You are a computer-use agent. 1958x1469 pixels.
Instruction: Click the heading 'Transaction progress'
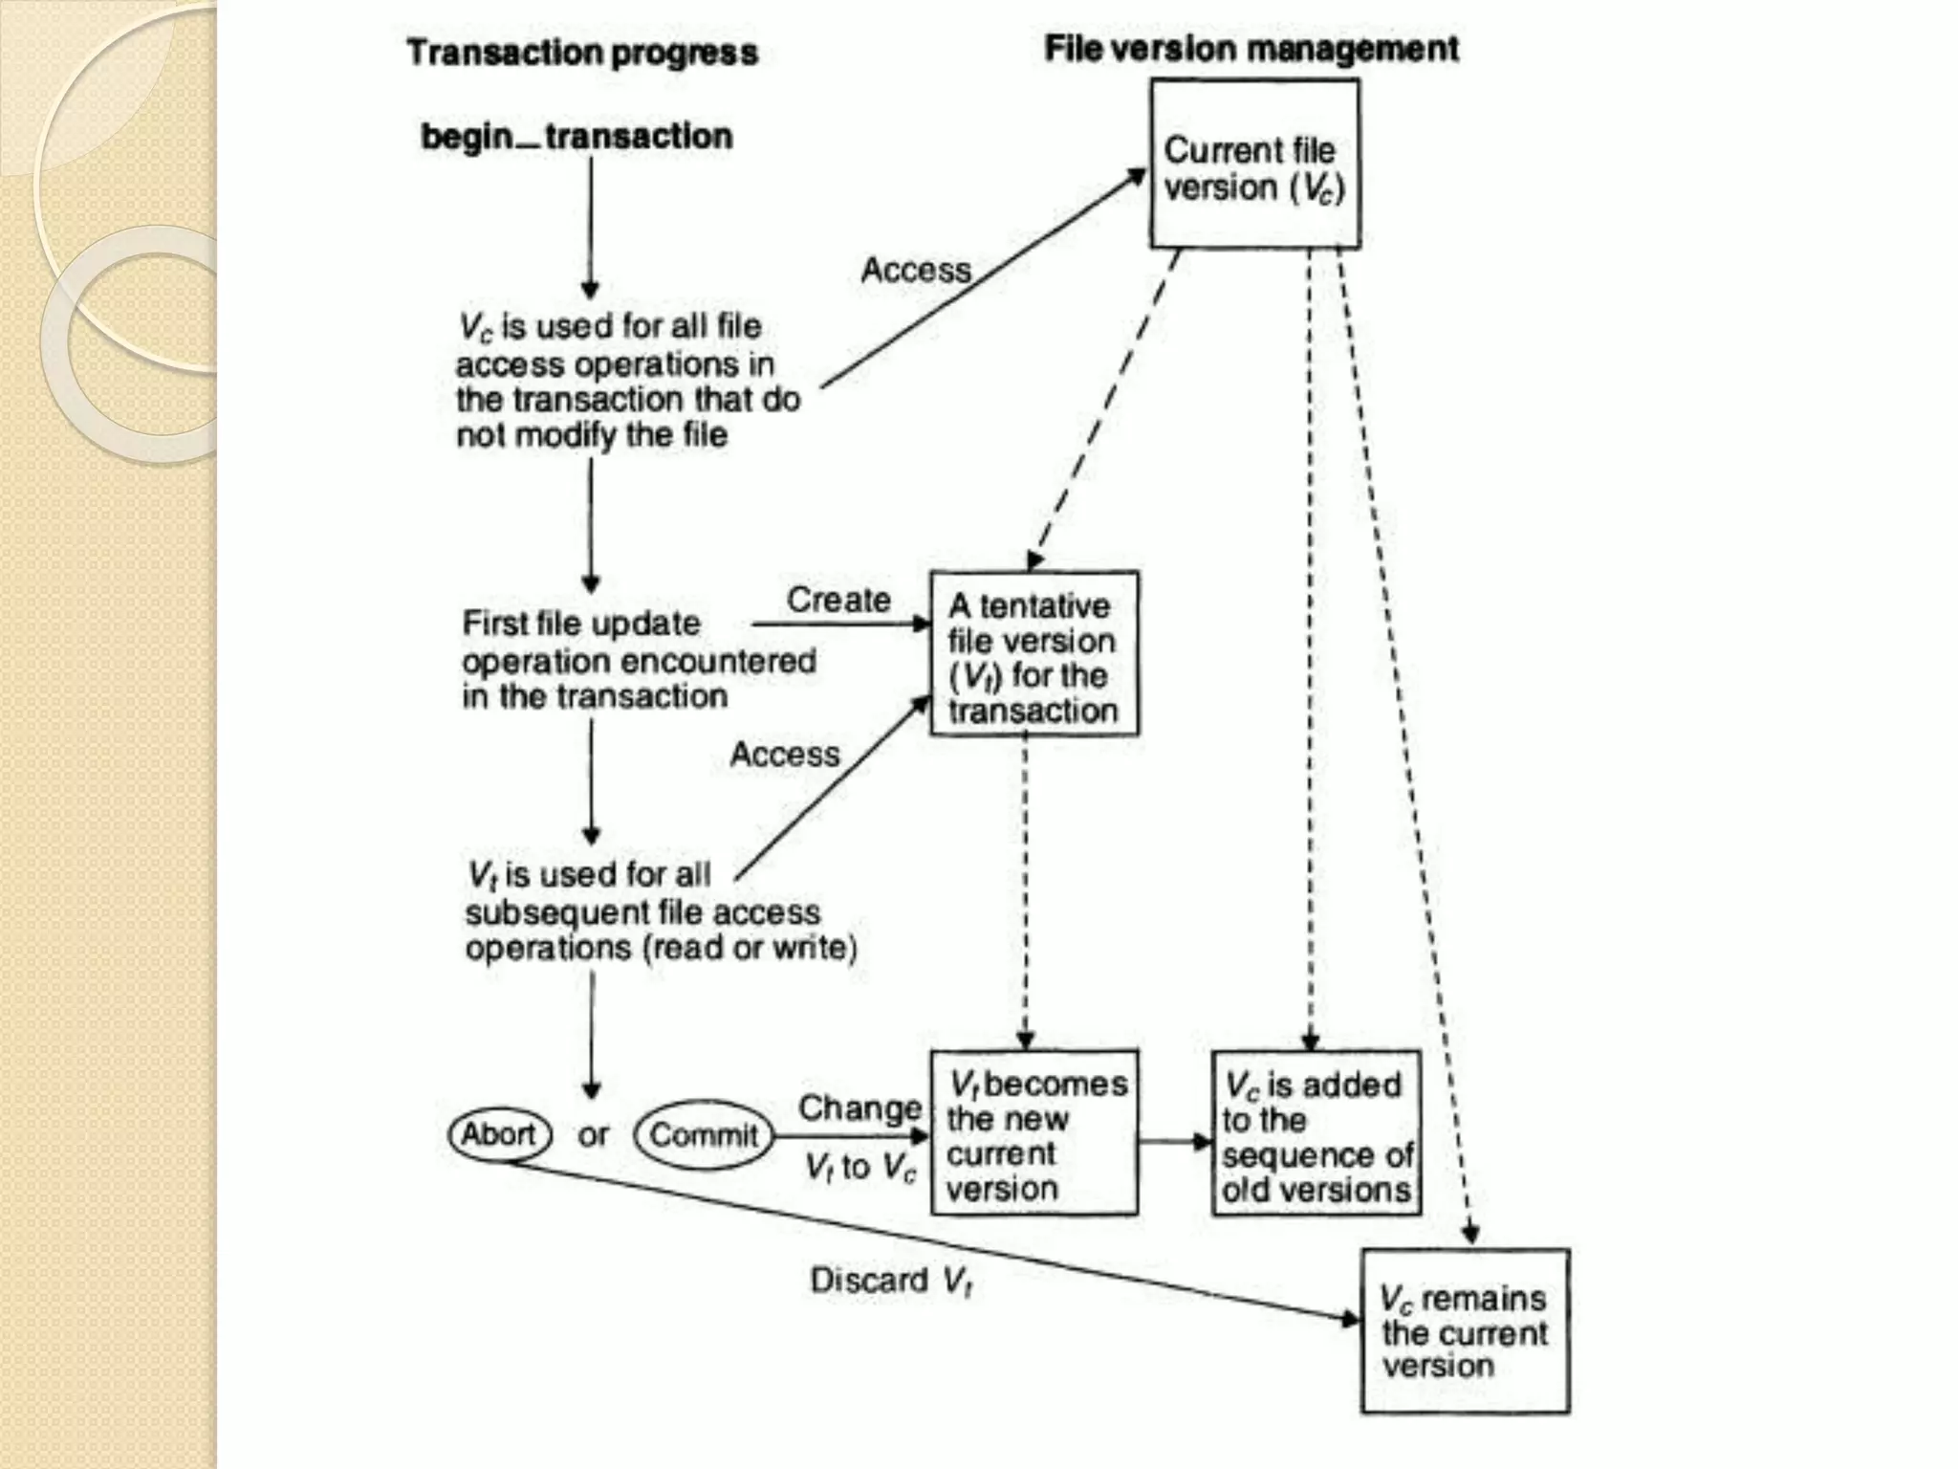582,53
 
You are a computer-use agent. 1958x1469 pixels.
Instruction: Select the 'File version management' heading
1251,49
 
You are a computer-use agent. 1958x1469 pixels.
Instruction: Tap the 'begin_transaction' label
577,137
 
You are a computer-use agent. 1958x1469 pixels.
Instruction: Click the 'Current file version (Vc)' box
1254,164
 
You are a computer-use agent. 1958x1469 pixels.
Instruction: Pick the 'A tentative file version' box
1033,654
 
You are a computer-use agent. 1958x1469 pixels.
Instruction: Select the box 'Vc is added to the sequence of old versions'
1316,1134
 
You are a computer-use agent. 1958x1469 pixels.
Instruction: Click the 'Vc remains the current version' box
1465,1330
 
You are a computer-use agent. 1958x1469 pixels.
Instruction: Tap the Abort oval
499,1134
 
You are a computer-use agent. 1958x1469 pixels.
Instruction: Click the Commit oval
704,1135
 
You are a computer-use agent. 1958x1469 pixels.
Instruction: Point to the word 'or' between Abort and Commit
593,1135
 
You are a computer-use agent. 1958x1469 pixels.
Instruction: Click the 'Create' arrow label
838,600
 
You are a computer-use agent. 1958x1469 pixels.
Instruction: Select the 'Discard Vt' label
891,1280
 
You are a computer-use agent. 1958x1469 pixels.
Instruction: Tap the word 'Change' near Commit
859,1107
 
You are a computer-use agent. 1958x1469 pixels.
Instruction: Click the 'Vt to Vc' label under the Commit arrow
859,1167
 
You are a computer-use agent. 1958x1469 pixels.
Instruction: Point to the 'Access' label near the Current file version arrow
915,270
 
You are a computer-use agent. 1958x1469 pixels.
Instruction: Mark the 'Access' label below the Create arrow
785,755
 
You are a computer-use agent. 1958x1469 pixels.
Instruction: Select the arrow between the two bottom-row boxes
1175,1141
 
